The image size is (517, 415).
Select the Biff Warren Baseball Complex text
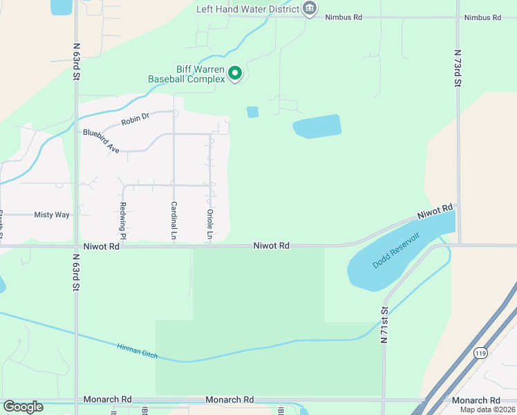[x=187, y=74]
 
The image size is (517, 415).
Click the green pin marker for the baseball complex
[x=235, y=73]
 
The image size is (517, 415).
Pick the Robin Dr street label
[x=135, y=120]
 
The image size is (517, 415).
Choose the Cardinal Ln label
[x=173, y=221]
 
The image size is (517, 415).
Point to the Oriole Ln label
[x=209, y=221]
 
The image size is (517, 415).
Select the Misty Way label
[x=52, y=215]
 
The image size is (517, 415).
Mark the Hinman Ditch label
[x=137, y=351]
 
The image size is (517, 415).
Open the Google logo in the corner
[x=23, y=407]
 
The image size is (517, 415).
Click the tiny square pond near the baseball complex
[x=252, y=111]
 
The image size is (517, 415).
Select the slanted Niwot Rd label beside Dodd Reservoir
[x=435, y=212]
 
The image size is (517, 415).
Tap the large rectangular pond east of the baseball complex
[x=317, y=127]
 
